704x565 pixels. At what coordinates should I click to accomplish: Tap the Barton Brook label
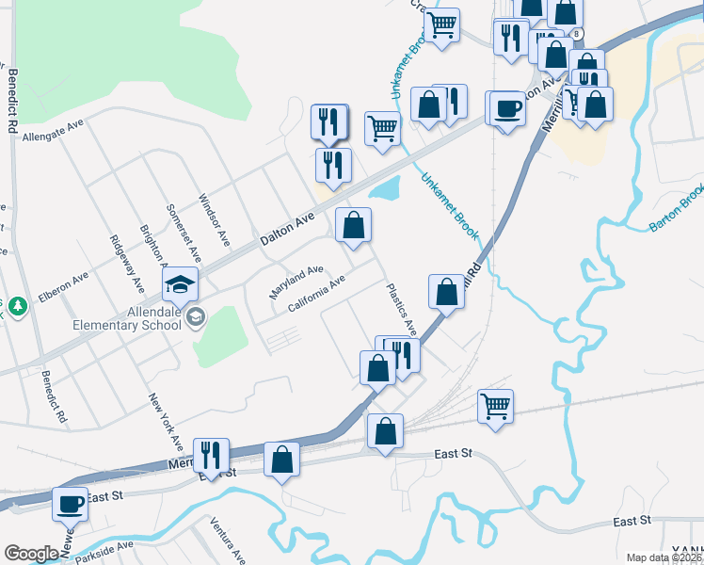(x=676, y=209)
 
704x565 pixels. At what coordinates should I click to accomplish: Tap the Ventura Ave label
(x=227, y=540)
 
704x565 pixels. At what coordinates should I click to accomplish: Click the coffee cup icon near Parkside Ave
(x=71, y=504)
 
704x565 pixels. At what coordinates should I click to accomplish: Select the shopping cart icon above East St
(x=495, y=406)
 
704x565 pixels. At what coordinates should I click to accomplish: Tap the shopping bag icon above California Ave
(x=353, y=225)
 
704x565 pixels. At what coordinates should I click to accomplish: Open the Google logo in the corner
(x=31, y=554)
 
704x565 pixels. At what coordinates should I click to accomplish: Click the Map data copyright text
(x=664, y=557)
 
